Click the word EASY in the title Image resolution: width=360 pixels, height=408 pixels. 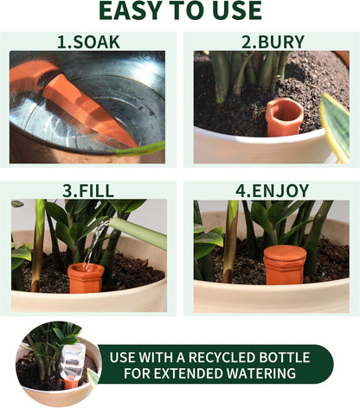point(129,10)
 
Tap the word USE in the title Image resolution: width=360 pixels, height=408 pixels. point(232,10)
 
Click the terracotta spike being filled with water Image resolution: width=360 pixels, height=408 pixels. point(86,277)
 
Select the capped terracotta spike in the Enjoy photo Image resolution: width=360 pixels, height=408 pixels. point(285,264)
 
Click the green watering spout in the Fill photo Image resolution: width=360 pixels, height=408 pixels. point(138,231)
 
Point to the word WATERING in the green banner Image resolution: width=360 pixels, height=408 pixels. point(269,374)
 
